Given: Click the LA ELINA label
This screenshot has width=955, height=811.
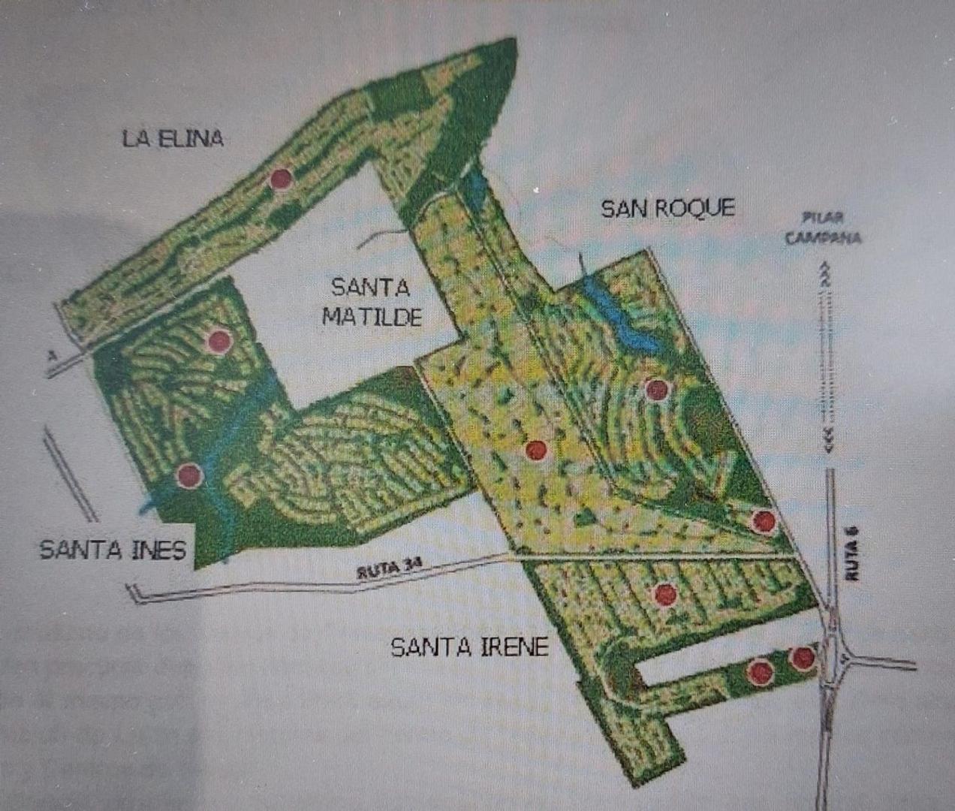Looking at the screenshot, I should tap(173, 138).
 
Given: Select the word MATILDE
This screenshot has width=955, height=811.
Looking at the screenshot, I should tap(372, 317).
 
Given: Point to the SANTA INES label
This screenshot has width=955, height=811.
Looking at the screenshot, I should tap(113, 550).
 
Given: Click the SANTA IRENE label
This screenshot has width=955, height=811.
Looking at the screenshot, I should tap(470, 647).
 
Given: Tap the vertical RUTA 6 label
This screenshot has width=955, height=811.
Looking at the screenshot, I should tap(851, 555).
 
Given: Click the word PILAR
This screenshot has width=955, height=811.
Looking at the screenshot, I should tap(822, 218).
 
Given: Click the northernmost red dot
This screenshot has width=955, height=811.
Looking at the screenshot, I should tap(282, 179).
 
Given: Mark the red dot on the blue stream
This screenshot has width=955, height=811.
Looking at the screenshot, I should tap(189, 475).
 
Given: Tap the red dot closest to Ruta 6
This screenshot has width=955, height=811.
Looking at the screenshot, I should tap(803, 658).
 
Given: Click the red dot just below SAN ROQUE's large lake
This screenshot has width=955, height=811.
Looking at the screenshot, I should tap(656, 390).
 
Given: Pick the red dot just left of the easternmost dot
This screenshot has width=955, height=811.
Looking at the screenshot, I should tap(760, 671).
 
